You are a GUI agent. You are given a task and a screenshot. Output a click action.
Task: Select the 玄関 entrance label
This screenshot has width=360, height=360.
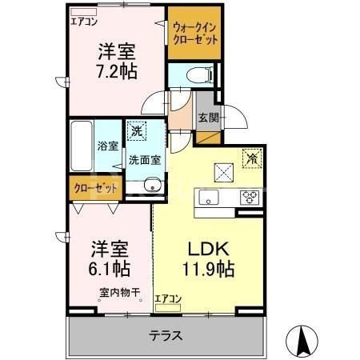(x=206, y=118)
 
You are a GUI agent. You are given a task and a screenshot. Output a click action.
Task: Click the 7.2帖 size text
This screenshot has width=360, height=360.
(x=118, y=70)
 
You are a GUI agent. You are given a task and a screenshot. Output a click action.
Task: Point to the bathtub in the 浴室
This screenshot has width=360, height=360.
(x=81, y=147)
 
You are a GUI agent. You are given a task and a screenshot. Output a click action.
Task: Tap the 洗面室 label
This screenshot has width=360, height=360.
(x=145, y=159)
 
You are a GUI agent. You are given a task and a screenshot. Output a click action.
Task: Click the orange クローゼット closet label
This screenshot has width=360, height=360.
(x=94, y=189)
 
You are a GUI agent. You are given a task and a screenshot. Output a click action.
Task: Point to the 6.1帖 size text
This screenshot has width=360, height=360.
(x=103, y=267)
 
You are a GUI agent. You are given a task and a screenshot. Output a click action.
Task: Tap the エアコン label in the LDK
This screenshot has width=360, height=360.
(x=169, y=299)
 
